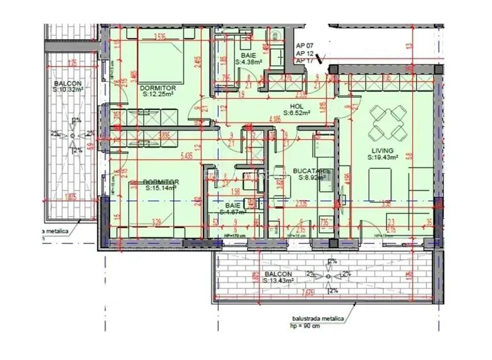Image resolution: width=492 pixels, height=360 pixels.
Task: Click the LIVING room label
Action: pyautogui.click(x=383, y=150)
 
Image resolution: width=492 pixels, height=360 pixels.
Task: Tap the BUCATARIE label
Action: pyautogui.click(x=312, y=171)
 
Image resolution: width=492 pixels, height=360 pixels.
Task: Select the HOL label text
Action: pyautogui.click(x=296, y=106)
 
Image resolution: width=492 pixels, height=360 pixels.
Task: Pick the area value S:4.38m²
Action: pyautogui.click(x=249, y=62)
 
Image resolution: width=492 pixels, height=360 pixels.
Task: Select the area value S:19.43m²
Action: pyautogui.click(x=383, y=157)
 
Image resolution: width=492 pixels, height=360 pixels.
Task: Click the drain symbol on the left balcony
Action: pyautogui.click(x=74, y=136)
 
